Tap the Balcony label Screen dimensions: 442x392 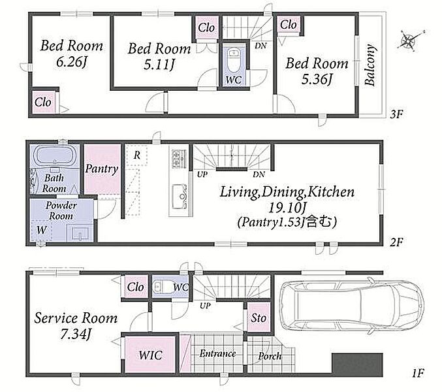pyautogui.click(x=370, y=65)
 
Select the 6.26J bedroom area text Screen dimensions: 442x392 pyautogui.click(x=71, y=62)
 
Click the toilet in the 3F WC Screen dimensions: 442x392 pyautogui.click(x=233, y=60)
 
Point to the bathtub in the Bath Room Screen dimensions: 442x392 pyautogui.click(x=54, y=155)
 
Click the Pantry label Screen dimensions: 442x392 pyautogui.click(x=101, y=169)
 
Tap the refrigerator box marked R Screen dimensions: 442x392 pyautogui.click(x=136, y=155)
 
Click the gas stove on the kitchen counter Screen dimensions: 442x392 pyautogui.click(x=180, y=159)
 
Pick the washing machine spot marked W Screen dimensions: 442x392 pyautogui.click(x=42, y=230)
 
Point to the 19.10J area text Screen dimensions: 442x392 pyautogui.click(x=287, y=208)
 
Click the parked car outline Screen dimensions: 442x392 pyautogui.click(x=351, y=305)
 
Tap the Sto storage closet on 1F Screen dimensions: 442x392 pyautogui.click(x=259, y=318)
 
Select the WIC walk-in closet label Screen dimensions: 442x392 pyautogui.click(x=151, y=355)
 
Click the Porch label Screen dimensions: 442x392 pyautogui.click(x=270, y=356)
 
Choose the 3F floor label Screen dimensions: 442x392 pyautogui.click(x=396, y=114)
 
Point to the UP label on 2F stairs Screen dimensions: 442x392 pyautogui.click(x=202, y=174)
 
